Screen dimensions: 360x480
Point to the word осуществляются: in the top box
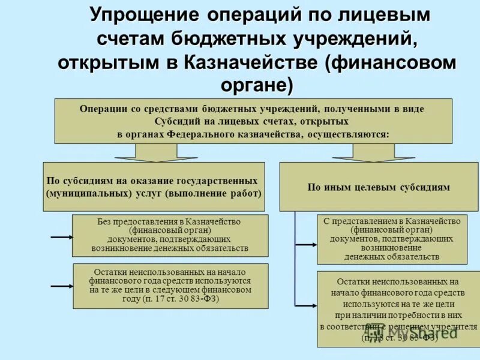(x=347, y=134)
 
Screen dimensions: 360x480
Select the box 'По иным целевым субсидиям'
(x=378, y=187)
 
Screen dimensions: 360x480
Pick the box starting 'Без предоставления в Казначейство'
(x=169, y=235)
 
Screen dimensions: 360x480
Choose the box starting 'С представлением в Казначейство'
(x=392, y=238)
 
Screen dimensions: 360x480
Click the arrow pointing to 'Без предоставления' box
(x=61, y=237)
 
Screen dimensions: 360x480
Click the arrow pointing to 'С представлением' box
(x=306, y=244)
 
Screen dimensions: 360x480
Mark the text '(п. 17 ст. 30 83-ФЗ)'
(x=170, y=298)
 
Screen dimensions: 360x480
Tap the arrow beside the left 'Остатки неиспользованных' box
(x=61, y=287)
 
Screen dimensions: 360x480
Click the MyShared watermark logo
(x=414, y=332)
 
